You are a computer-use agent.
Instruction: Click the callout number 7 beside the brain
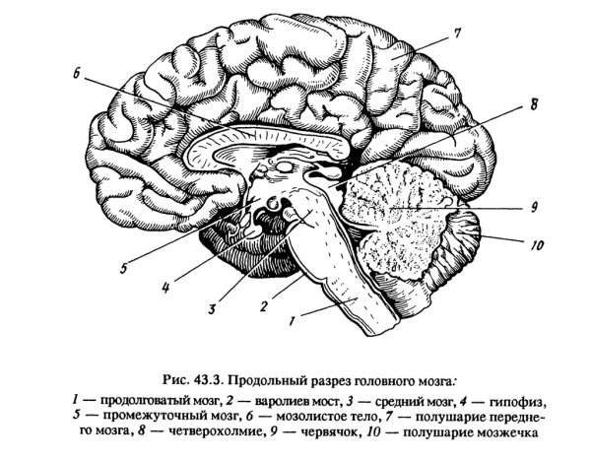[x=456, y=33]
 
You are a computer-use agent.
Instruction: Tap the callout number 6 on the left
[x=77, y=74]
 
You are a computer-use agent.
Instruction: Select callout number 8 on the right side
[x=533, y=104]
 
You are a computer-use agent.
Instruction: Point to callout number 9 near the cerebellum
[x=534, y=207]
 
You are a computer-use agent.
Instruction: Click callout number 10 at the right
[x=537, y=245]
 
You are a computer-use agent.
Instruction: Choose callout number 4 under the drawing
[x=165, y=289]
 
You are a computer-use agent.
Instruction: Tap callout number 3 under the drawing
[x=212, y=309]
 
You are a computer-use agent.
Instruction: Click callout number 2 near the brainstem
[x=264, y=306]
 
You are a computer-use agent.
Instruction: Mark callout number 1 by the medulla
[x=292, y=321]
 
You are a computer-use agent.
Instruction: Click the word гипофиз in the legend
[x=517, y=403]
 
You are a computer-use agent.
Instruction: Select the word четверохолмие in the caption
[x=214, y=431]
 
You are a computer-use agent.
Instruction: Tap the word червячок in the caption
[x=328, y=431]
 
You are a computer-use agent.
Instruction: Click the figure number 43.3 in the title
[x=209, y=379]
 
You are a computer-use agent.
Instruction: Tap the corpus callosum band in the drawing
[x=264, y=139]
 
